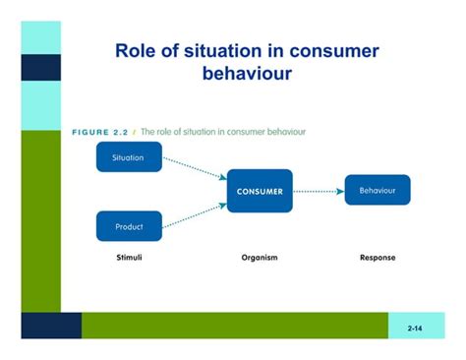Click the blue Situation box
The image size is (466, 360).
click(129, 157)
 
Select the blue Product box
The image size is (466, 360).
click(129, 226)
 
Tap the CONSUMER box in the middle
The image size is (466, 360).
click(260, 192)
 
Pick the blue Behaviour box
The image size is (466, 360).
click(377, 190)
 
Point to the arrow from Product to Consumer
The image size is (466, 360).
click(194, 214)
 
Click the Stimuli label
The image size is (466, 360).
click(129, 258)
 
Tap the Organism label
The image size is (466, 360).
click(260, 258)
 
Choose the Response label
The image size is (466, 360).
click(378, 258)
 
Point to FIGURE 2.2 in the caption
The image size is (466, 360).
click(101, 131)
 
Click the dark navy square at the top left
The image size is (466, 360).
click(40, 67)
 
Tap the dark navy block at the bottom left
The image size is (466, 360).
click(51, 326)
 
